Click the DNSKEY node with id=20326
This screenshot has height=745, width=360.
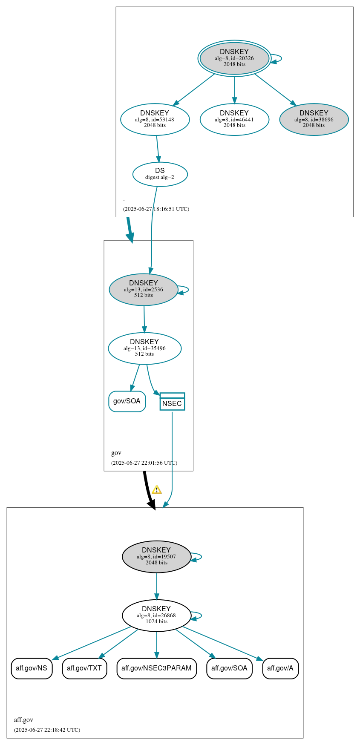(234, 58)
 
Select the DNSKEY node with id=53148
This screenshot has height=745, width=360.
(155, 120)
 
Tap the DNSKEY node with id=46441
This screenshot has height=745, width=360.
(234, 120)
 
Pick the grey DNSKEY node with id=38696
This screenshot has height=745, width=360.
(314, 120)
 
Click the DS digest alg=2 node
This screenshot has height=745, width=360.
(160, 174)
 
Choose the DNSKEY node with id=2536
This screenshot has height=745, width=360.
(144, 290)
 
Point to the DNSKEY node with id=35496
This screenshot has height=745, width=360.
(144, 348)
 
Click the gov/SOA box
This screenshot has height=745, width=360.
(127, 401)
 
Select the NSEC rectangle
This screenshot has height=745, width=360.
(172, 402)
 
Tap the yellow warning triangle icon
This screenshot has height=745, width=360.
(157, 490)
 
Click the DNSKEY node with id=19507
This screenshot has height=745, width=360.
(156, 557)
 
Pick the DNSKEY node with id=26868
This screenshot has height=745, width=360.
(156, 616)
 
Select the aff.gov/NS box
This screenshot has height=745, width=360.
(32, 668)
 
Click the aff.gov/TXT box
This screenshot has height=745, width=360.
(84, 668)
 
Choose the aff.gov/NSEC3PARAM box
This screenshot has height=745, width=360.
(156, 668)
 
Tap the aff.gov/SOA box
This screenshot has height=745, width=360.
(229, 668)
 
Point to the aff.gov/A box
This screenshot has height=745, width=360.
(280, 668)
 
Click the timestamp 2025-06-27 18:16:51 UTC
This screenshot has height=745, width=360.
(156, 209)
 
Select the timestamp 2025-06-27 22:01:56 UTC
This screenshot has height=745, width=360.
(144, 463)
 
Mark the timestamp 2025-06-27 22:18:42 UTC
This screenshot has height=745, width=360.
(47, 730)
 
